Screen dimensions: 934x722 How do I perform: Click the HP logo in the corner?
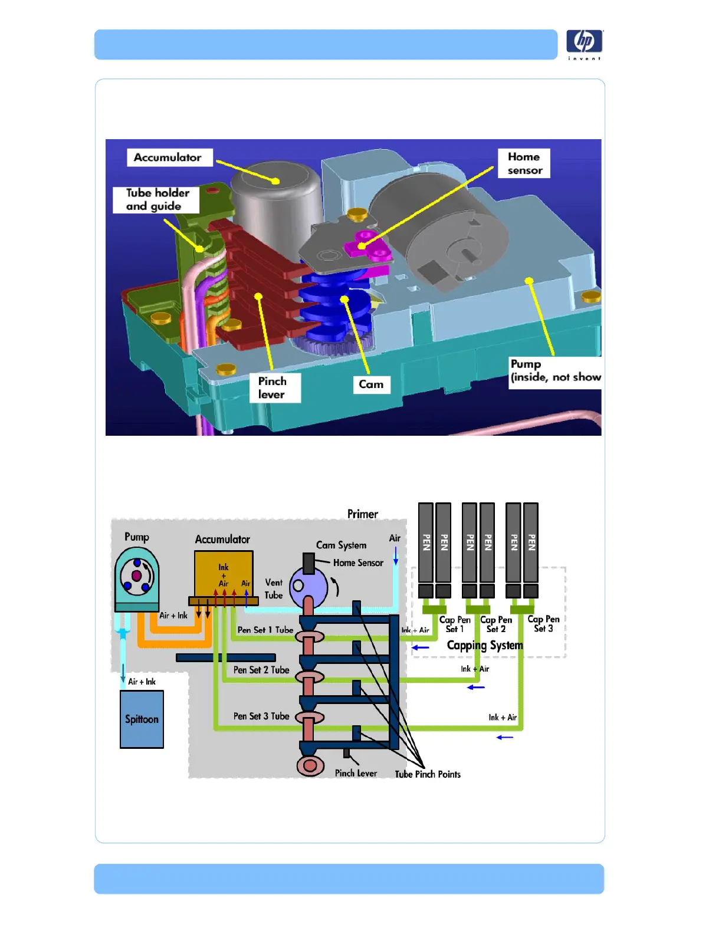click(584, 42)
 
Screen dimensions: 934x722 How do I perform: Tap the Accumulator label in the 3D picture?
click(168, 157)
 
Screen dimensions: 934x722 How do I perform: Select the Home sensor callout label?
click(524, 163)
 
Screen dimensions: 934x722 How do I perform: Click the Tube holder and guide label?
click(157, 199)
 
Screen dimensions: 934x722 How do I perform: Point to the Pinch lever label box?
click(273, 388)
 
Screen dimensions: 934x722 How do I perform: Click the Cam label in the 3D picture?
click(371, 384)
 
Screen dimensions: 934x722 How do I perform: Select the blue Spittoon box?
click(142, 719)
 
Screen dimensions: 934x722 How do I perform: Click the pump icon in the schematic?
click(137, 576)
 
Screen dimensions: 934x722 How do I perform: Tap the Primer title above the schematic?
click(362, 514)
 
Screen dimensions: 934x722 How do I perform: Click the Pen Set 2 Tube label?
click(261, 670)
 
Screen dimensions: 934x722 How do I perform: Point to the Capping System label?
click(485, 645)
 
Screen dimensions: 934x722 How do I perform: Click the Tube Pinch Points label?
click(428, 774)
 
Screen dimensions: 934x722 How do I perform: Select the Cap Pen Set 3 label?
click(543, 624)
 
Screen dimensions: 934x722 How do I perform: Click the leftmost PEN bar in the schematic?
click(426, 542)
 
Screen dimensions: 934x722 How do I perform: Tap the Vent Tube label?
click(274, 588)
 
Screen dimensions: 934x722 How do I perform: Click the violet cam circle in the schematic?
click(308, 586)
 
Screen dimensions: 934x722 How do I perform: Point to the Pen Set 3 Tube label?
click(261, 716)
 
